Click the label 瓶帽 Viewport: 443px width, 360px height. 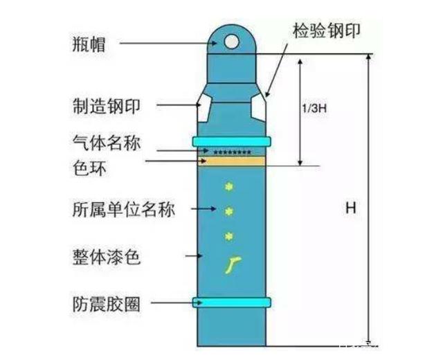point(93,43)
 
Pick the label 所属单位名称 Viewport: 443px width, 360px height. point(123,208)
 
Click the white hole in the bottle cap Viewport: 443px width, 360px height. point(231,42)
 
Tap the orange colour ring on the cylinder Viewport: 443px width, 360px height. point(231,161)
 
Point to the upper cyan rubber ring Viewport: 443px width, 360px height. point(231,142)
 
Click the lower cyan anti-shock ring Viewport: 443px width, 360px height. point(231,302)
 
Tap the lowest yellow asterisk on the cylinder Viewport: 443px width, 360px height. point(230,237)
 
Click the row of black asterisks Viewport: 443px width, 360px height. point(232,151)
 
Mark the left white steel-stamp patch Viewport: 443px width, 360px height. point(202,107)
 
